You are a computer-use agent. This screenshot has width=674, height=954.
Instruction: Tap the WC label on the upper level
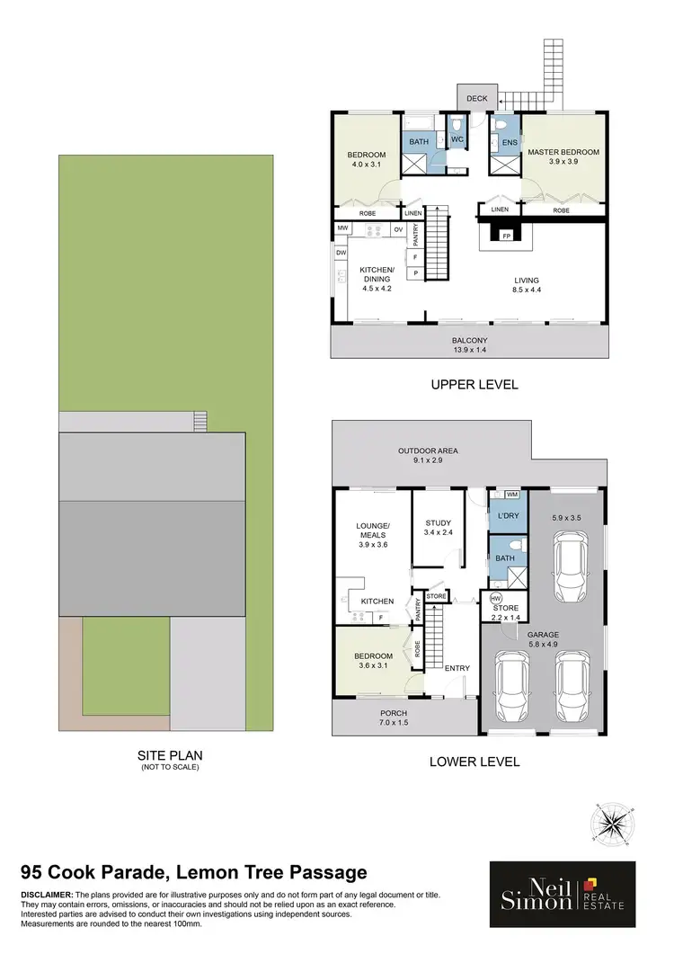[x=457, y=139]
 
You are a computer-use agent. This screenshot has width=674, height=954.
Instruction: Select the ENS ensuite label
[x=509, y=142]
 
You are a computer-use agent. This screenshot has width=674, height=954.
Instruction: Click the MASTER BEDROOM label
[x=563, y=152]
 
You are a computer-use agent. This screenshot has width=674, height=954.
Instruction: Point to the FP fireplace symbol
[x=506, y=236]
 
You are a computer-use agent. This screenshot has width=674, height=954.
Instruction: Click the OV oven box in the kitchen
[x=397, y=229]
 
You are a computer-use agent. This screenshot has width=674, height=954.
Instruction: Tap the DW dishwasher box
[x=341, y=254]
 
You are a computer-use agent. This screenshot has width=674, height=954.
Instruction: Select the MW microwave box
[x=342, y=229]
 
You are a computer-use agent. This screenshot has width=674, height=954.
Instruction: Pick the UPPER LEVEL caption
[x=474, y=385]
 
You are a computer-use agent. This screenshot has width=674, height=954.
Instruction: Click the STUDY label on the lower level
[x=438, y=523]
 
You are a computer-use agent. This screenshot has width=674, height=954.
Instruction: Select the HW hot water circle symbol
[x=494, y=599]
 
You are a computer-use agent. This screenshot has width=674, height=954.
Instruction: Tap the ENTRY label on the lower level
[x=457, y=668]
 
